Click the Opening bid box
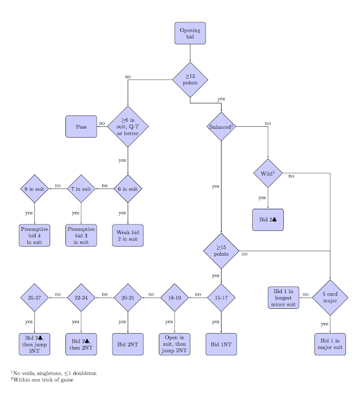[x=190, y=34]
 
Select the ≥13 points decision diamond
[x=190, y=79]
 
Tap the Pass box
[x=81, y=126]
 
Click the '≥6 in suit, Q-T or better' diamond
[x=128, y=126]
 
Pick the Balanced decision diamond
[x=220, y=126]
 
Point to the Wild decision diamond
[x=267, y=173]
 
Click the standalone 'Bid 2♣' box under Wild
[x=267, y=219]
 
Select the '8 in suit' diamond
[x=34, y=188]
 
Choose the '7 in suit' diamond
[x=81, y=188]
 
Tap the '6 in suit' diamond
[x=128, y=188]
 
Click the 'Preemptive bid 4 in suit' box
[x=34, y=235]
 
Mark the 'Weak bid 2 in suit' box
[x=128, y=235]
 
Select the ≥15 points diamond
[x=220, y=251]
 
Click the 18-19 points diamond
[x=174, y=297]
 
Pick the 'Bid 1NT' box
[x=220, y=343]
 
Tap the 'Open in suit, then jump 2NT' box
[x=174, y=343]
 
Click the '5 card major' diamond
[x=330, y=297]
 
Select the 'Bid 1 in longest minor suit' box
[x=283, y=297]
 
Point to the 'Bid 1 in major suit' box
[x=330, y=343]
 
